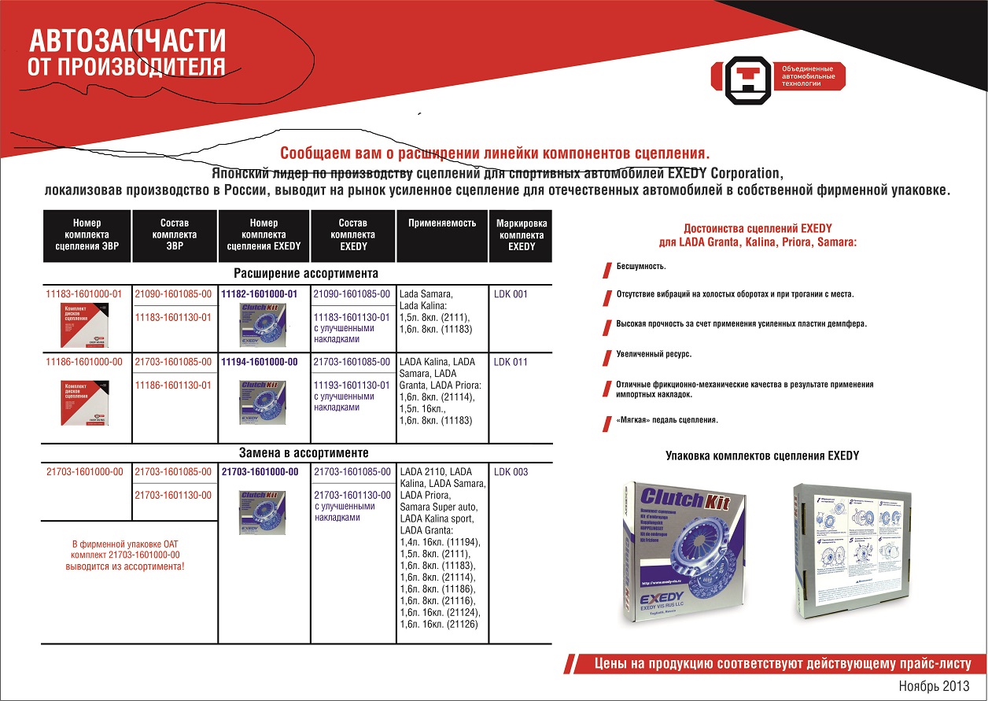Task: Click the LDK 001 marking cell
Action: click(x=511, y=294)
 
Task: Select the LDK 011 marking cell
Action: click(x=511, y=362)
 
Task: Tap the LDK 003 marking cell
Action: click(x=511, y=472)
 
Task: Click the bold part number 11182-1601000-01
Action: click(x=260, y=294)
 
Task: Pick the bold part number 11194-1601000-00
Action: click(x=260, y=362)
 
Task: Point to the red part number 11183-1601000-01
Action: click(x=84, y=294)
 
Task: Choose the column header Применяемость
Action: click(x=442, y=223)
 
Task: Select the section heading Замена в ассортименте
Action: click(x=304, y=453)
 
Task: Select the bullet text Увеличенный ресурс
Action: click(x=654, y=354)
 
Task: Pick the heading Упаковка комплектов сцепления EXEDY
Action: click(x=762, y=456)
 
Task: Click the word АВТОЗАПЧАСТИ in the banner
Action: click(x=127, y=40)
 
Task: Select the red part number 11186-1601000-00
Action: click(x=84, y=362)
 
